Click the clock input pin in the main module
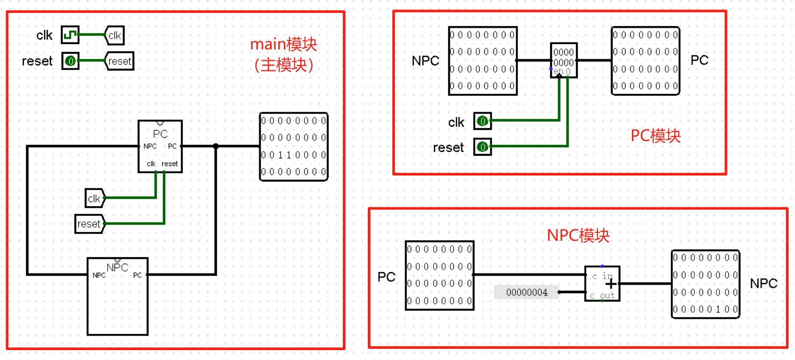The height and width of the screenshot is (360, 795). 70,35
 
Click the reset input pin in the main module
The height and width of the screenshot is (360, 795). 70,61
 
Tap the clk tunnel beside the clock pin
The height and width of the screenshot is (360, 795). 115,35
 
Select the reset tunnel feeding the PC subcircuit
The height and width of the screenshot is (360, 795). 89,224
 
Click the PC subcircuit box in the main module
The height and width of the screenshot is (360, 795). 160,146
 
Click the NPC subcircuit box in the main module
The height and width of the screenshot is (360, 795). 117,296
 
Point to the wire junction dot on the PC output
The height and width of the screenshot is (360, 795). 216,146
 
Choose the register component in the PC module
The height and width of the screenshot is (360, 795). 564,60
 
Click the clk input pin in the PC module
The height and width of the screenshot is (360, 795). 483,121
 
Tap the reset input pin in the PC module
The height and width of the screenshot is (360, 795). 483,147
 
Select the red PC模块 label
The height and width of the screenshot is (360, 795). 656,136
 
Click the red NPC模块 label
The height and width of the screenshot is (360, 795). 578,236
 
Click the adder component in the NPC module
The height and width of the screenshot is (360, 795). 602,284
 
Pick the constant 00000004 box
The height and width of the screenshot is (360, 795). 527,292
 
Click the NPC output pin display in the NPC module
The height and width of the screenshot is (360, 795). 706,284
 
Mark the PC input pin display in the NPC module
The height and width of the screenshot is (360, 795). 440,275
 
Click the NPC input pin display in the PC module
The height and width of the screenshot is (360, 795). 483,61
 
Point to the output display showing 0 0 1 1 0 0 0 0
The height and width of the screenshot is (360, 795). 294,147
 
